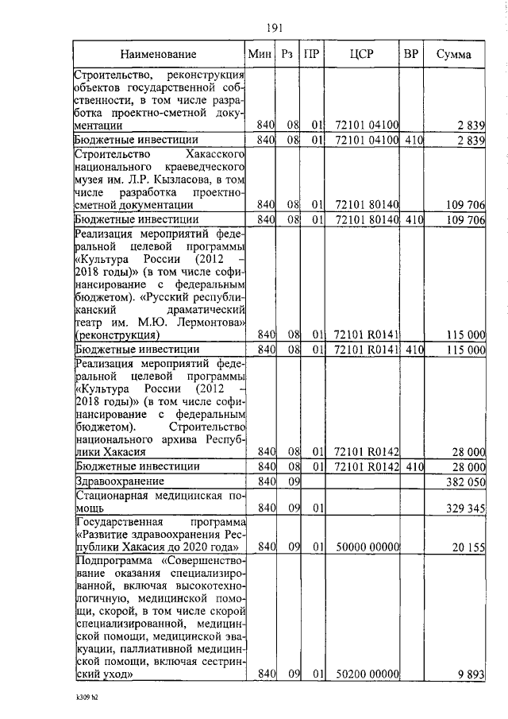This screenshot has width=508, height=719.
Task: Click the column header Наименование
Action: tap(159, 55)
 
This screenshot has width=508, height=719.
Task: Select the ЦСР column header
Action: tap(361, 55)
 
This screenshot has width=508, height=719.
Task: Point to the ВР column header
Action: tap(411, 55)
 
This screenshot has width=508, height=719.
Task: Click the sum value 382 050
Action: tap(463, 482)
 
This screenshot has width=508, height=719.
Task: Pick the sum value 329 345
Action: tap(463, 508)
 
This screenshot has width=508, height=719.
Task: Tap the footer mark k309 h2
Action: tap(81, 699)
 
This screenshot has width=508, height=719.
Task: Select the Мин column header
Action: tap(260, 55)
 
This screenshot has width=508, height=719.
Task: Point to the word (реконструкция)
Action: tap(117, 334)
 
